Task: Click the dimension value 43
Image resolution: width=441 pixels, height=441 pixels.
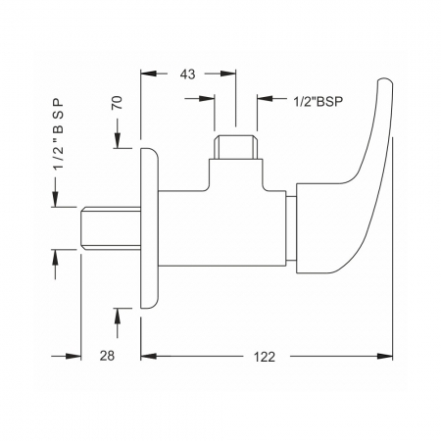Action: pyautogui.click(x=187, y=74)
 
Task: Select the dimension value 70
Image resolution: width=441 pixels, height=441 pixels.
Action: pyautogui.click(x=118, y=103)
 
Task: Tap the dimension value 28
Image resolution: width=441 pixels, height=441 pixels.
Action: pyautogui.click(x=107, y=356)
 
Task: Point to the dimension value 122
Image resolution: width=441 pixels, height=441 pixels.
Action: pyautogui.click(x=265, y=357)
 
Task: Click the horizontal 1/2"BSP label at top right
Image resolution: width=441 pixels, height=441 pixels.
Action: pyautogui.click(x=318, y=102)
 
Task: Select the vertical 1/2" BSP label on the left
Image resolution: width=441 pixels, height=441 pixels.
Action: pyautogui.click(x=59, y=134)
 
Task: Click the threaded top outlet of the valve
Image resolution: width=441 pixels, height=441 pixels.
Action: pyautogui.click(x=235, y=147)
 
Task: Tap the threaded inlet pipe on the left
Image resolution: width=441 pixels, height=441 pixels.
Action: pyautogui.click(x=111, y=228)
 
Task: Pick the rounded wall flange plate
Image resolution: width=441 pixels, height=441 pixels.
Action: pyautogui.click(x=149, y=228)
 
